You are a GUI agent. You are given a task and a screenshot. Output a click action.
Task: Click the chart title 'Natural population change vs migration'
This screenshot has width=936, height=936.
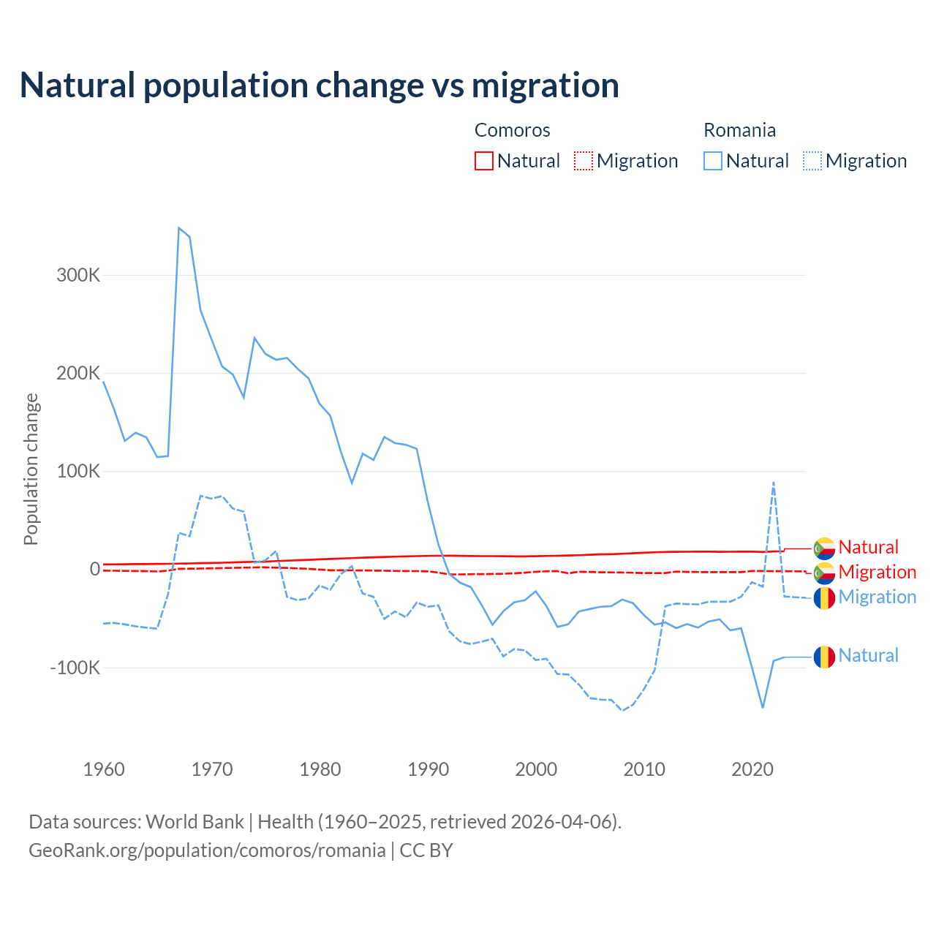tap(320, 85)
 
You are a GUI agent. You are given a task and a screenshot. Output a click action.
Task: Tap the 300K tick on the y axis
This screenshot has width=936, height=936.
tap(78, 276)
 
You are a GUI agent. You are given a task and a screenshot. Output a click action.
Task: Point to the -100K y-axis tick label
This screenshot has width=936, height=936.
tap(75, 668)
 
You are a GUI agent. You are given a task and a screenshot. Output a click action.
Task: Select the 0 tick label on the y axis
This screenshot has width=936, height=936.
tap(94, 570)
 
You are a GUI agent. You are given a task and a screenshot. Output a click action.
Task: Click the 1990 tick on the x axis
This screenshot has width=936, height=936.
tap(429, 769)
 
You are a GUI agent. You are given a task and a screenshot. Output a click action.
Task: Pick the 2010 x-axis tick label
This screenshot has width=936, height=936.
tap(644, 769)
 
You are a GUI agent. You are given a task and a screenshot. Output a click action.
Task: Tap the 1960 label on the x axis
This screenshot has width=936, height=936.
tap(105, 769)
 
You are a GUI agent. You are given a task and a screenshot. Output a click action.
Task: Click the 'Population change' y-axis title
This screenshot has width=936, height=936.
tap(31, 469)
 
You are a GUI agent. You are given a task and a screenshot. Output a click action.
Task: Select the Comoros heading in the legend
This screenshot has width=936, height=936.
tap(512, 130)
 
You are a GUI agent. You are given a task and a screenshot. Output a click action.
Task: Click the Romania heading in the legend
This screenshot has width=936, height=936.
tap(739, 130)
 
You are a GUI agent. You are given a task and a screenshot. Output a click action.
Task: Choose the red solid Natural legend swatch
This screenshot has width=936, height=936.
tap(484, 161)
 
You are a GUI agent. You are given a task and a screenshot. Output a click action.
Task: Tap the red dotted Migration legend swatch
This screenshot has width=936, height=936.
tap(584, 161)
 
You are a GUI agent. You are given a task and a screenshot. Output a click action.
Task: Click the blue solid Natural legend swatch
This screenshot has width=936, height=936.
tap(713, 161)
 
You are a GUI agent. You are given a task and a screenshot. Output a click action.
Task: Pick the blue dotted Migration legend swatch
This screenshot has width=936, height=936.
tap(812, 161)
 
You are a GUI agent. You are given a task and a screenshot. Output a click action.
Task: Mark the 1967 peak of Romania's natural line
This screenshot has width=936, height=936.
tap(179, 228)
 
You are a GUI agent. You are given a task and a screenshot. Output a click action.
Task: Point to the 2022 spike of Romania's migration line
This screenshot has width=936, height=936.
tap(774, 483)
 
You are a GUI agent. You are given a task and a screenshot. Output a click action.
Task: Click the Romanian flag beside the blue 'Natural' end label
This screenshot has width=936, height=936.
tap(824, 657)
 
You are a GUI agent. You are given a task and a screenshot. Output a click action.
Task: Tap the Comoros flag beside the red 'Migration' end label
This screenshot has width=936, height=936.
tap(824, 573)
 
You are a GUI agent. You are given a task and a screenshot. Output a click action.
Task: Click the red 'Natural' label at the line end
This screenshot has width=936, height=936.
tap(868, 547)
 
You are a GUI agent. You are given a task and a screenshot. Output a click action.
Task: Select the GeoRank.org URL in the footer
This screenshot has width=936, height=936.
tap(207, 850)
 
